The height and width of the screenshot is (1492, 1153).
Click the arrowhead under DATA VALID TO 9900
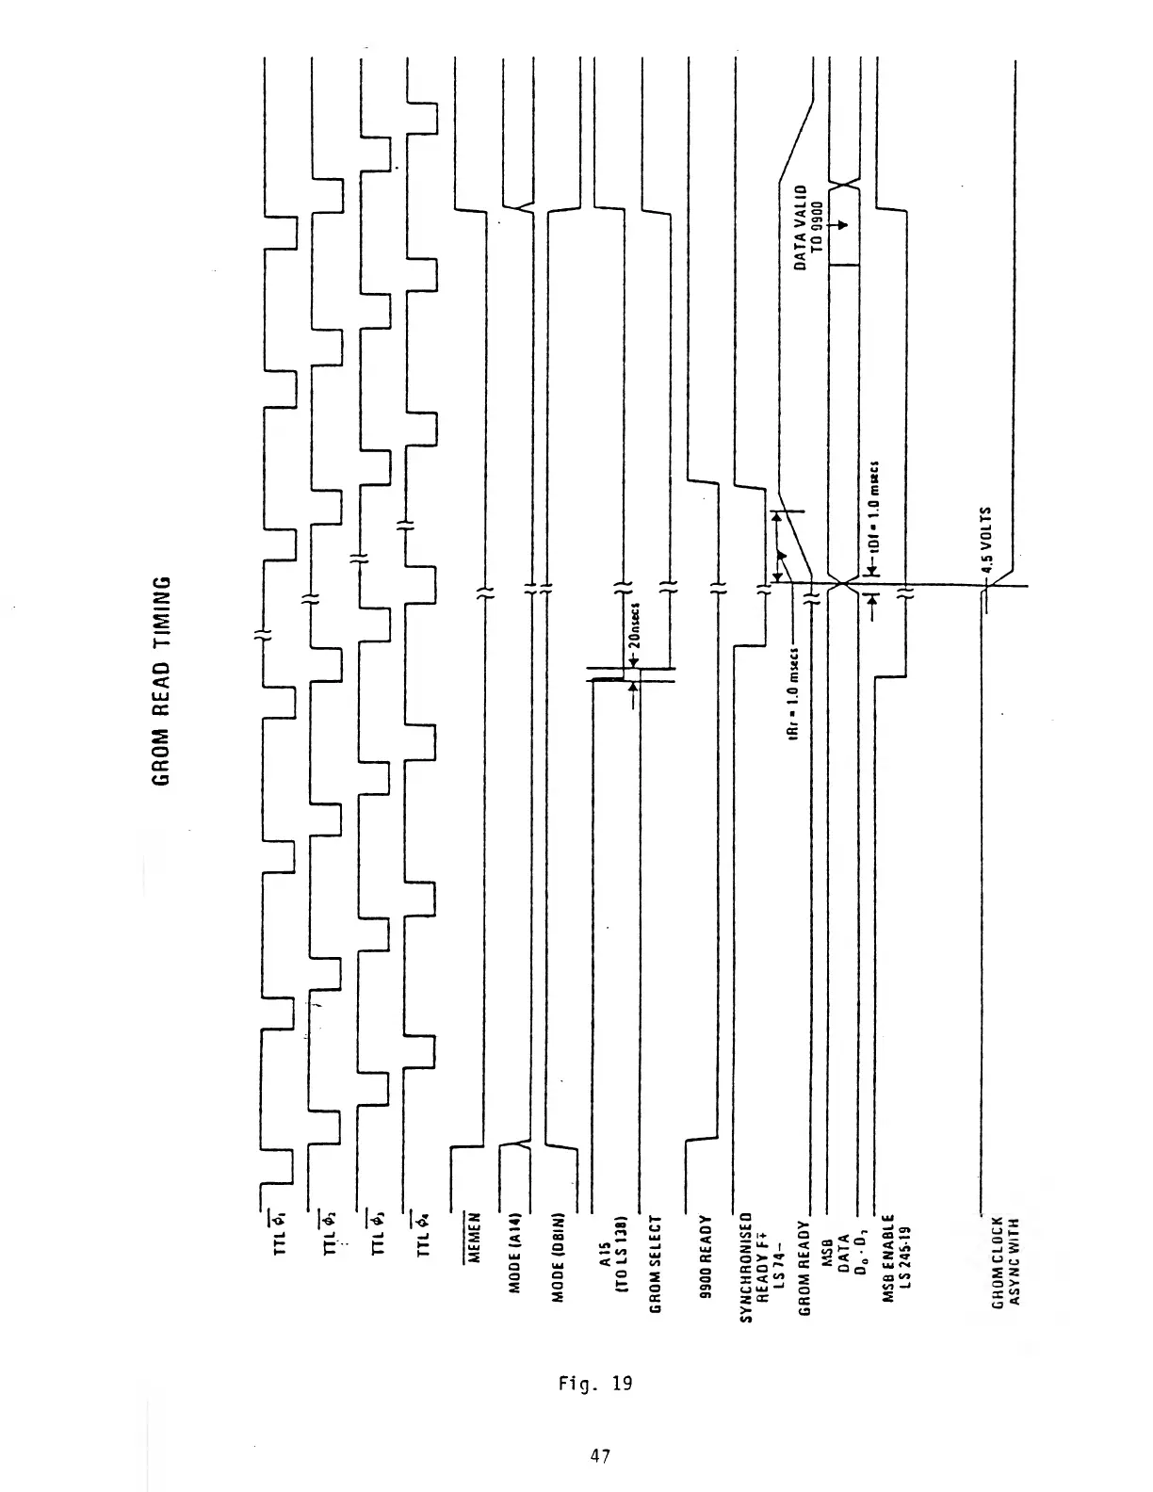pyautogui.click(x=843, y=226)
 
